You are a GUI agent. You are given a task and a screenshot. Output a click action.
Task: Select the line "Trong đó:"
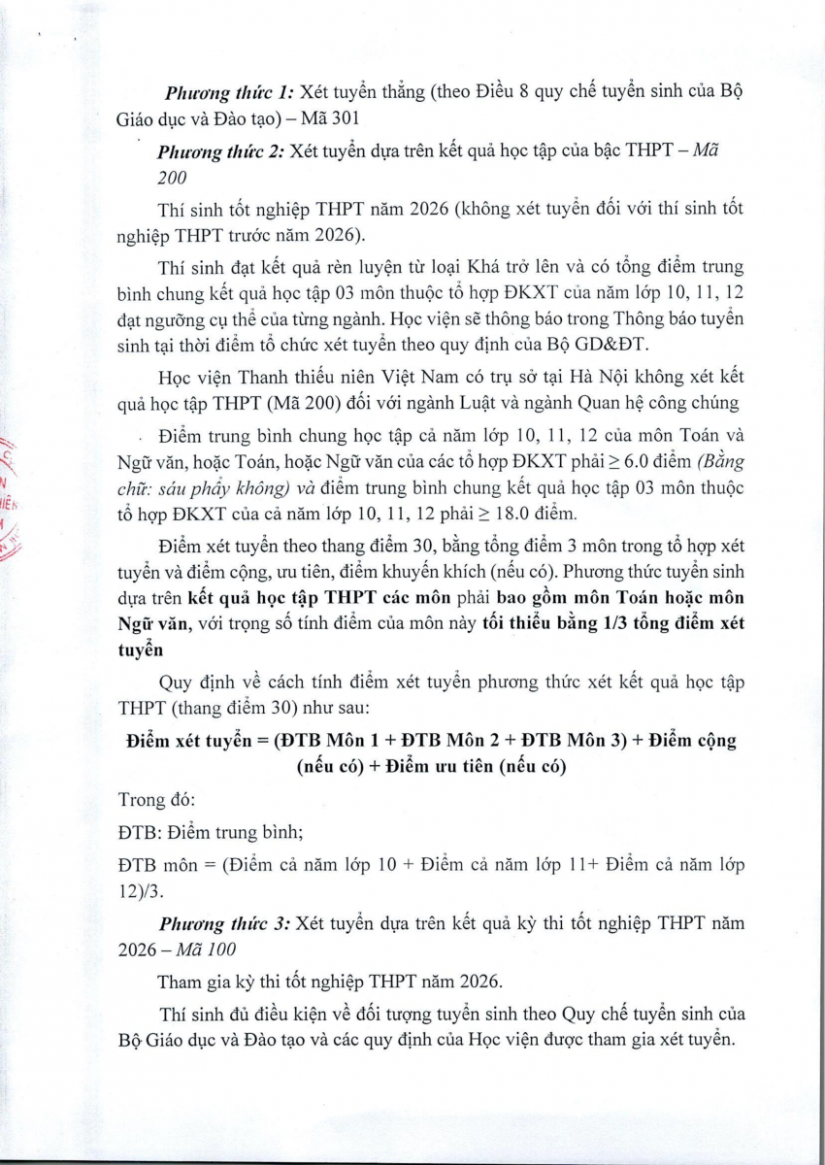click(x=156, y=800)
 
